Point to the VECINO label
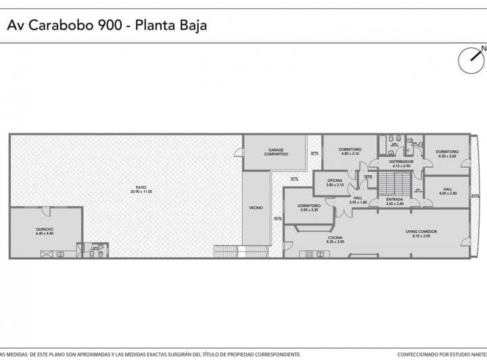256,208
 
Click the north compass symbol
471,60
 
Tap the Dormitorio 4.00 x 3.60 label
447,154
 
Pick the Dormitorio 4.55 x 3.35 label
308,208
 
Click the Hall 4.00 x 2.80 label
448,192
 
